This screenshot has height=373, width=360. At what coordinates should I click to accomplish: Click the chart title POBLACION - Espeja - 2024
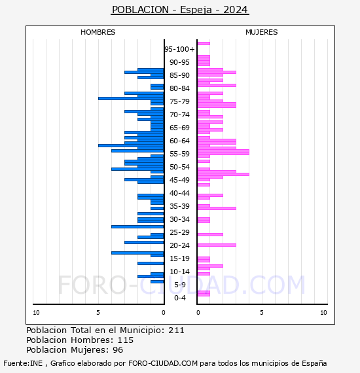coord(180,10)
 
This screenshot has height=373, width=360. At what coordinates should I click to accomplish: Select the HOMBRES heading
coord(98,32)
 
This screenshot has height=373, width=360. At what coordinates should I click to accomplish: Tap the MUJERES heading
coord(262,32)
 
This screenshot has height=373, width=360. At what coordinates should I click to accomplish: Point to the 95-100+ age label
coord(179,49)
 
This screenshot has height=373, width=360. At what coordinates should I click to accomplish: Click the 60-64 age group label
coord(179,141)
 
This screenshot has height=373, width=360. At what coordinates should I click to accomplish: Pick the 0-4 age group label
coord(179,298)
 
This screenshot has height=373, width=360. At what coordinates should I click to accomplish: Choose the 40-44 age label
coord(179,193)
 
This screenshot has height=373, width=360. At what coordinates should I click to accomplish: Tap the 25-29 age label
coord(179,232)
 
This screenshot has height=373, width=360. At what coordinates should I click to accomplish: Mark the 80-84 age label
coord(179,88)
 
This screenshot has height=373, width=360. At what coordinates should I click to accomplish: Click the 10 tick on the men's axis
coord(36,313)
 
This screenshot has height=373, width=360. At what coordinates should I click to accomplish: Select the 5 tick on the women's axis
coord(262,313)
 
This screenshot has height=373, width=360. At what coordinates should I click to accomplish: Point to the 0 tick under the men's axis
coord(163,313)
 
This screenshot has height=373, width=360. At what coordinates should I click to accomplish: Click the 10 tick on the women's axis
coord(323,313)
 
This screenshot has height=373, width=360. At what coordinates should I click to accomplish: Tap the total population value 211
coord(176,330)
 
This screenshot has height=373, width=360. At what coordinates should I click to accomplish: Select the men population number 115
coord(126,340)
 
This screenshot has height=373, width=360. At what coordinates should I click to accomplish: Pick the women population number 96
coord(118,350)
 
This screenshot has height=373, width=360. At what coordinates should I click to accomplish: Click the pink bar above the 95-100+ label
coord(204,44)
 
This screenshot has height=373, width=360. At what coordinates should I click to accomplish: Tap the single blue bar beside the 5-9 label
coord(157,281)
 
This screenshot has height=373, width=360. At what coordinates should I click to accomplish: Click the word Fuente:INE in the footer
coord(23,363)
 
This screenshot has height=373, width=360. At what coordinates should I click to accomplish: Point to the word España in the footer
coord(314,363)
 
